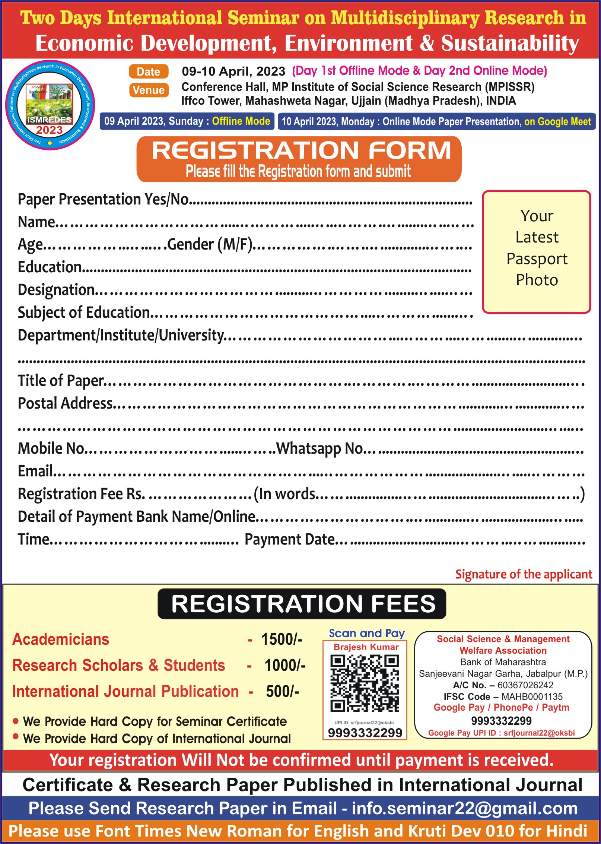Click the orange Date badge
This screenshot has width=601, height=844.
pos(149,72)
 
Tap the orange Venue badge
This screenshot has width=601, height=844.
pos(149,90)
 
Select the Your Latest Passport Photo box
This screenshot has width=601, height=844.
pos(537,252)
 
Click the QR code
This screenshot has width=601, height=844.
pos(365,683)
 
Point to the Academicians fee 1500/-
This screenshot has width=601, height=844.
pos(282,640)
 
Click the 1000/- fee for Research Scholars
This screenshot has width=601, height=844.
pos(285,666)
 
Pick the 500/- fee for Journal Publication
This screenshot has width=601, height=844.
pos(282,692)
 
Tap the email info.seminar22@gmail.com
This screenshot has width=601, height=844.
pos(465,809)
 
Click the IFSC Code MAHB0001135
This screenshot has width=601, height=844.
pos(532,697)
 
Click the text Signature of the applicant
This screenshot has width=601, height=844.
pos(524,574)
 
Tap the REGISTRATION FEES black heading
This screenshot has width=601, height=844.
pos(302,604)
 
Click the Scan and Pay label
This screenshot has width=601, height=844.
pos(366,634)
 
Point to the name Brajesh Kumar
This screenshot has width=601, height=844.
pos(366,647)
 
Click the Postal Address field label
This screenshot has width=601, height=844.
pos(65,403)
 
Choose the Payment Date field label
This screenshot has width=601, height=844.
pos(290,539)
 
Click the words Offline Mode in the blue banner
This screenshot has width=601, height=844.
pos(241,121)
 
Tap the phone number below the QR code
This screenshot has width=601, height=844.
pos(365,733)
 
